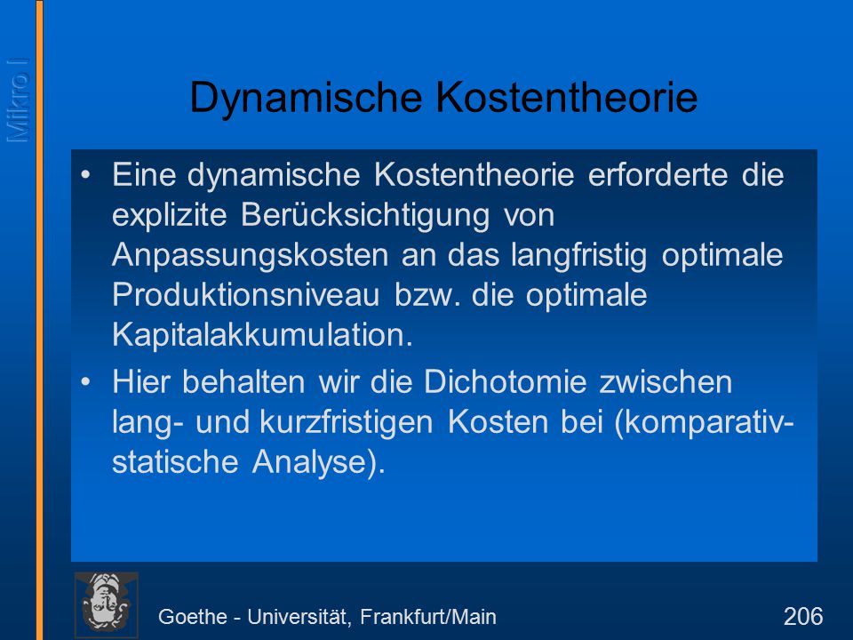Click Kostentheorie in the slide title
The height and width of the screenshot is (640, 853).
point(566,97)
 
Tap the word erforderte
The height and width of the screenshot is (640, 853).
point(658,174)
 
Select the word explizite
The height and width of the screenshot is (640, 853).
point(169,215)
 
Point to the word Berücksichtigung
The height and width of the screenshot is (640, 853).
point(365,215)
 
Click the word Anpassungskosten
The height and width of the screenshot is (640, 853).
point(250,255)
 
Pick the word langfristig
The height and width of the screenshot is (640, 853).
point(578,255)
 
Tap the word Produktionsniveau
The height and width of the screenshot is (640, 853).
point(246,295)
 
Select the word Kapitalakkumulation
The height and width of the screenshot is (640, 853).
point(263,335)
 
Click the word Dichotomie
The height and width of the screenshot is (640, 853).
point(506,381)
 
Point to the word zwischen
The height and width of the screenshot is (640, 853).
point(666,381)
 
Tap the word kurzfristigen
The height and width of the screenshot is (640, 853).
point(347,421)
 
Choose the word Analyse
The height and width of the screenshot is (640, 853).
point(314,462)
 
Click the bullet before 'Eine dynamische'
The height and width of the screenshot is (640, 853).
point(85,175)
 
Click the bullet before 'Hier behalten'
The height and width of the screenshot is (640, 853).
point(85,382)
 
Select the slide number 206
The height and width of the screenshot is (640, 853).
point(803,617)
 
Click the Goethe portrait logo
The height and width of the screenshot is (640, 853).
point(106,604)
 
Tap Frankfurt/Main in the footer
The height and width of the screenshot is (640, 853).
point(428,617)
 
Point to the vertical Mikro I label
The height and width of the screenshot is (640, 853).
point(18,100)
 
